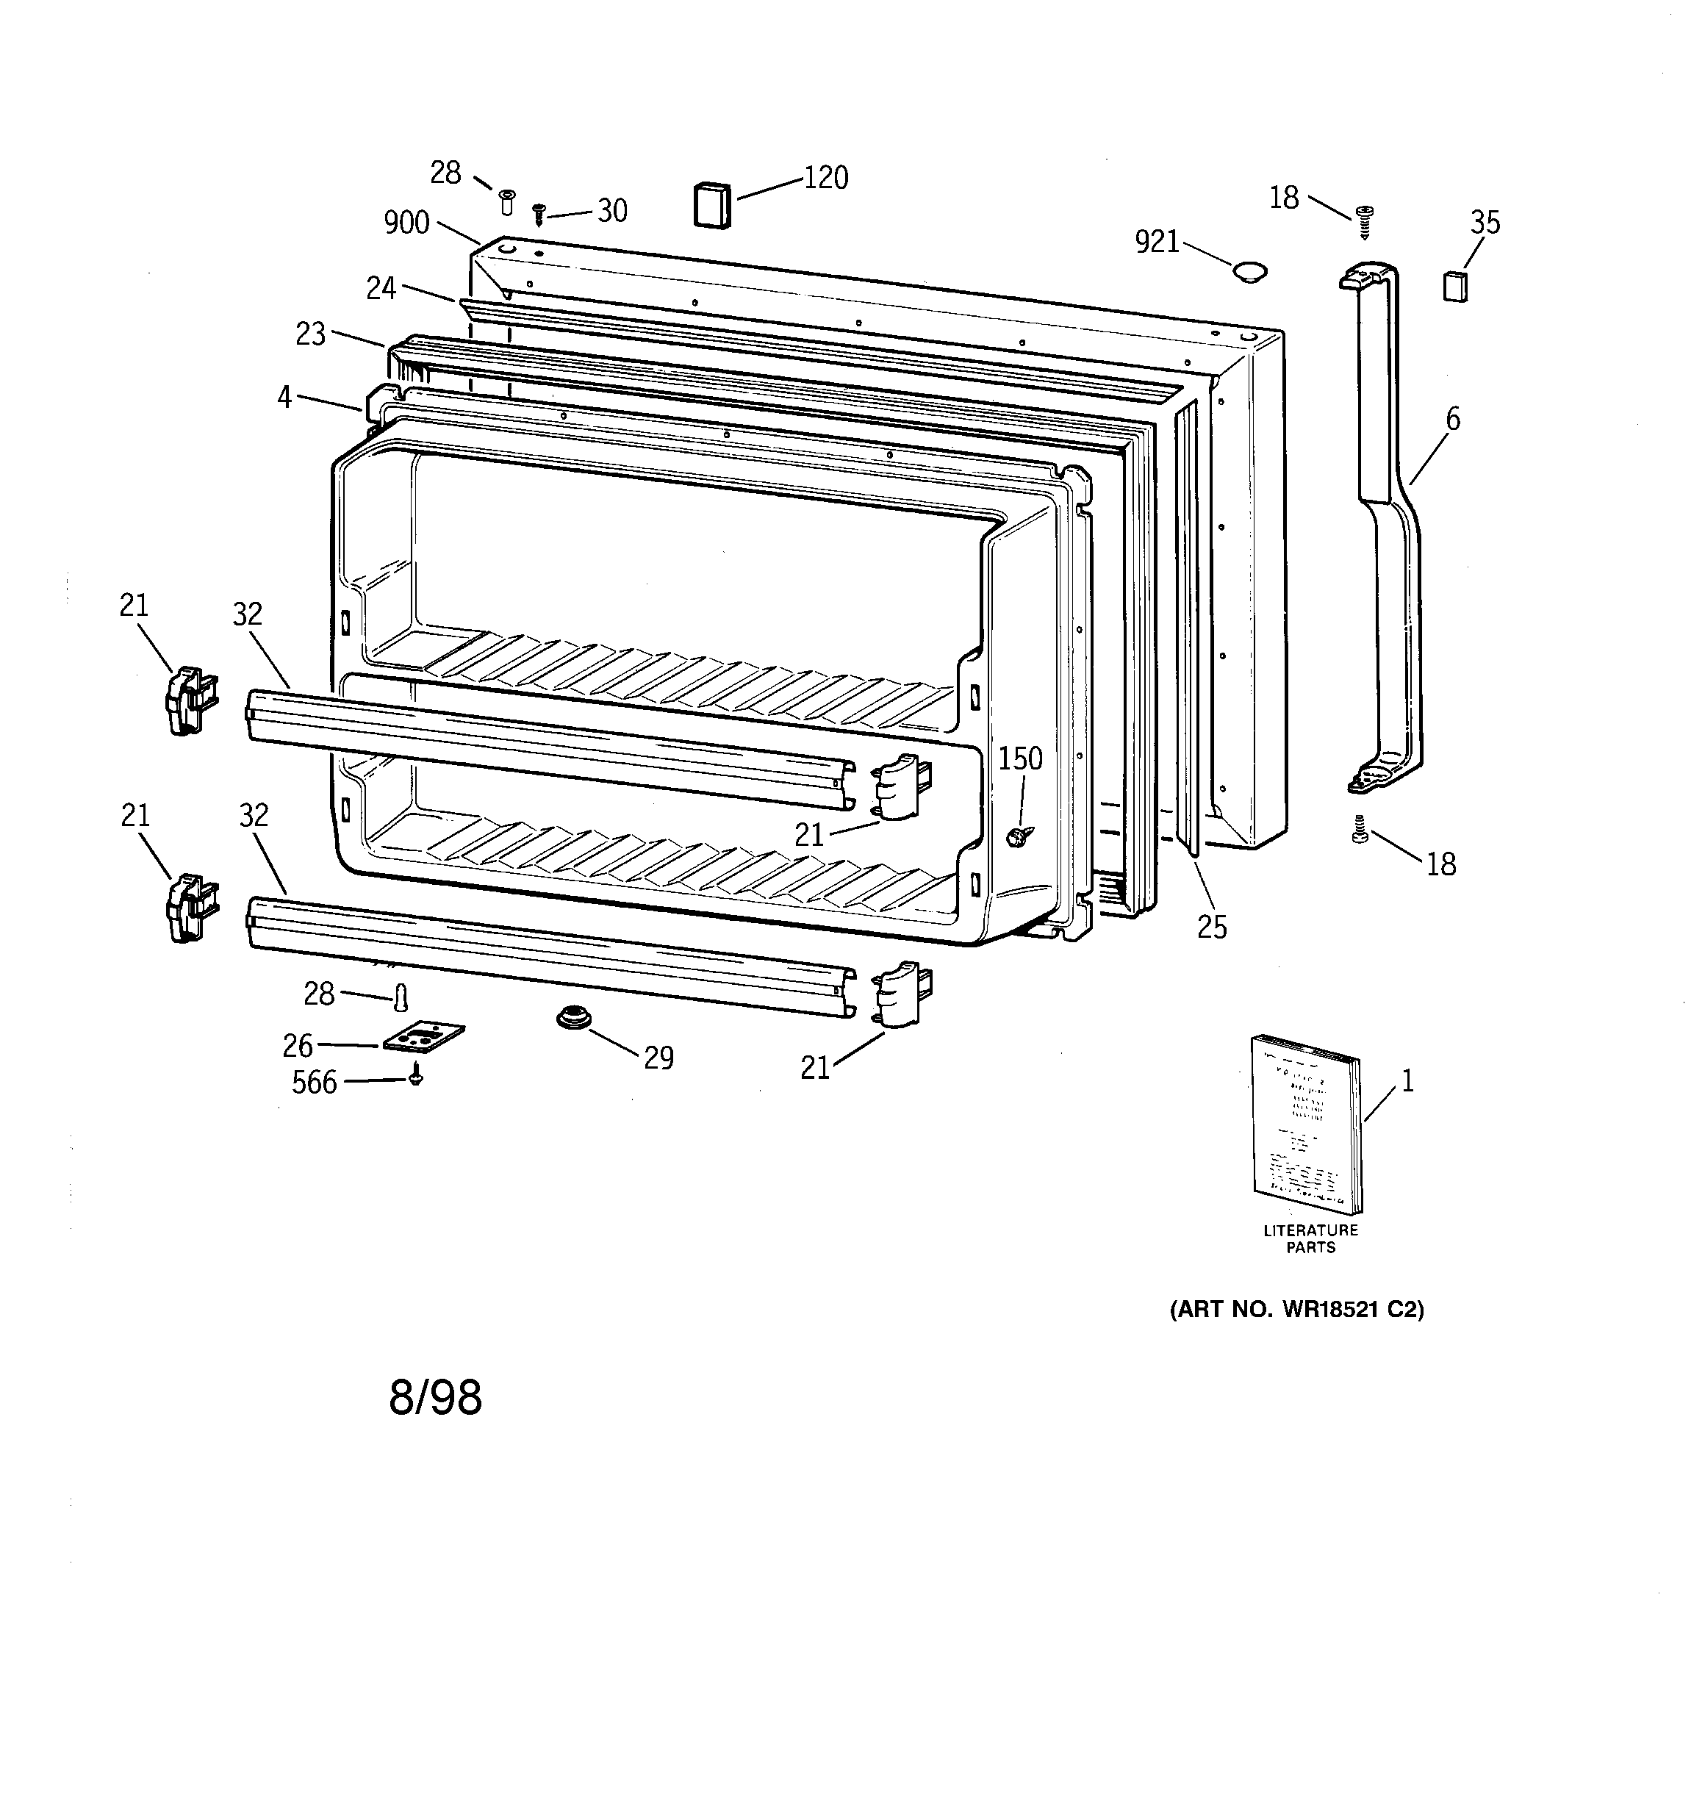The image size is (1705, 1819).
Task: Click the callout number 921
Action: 1157,242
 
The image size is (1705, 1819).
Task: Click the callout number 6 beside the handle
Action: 1452,419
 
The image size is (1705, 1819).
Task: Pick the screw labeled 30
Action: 539,214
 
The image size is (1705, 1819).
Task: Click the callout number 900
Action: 406,223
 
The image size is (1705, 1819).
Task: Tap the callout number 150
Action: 1019,758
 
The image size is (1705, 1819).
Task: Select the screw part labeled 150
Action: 1018,834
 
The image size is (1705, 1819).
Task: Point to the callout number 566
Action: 314,1083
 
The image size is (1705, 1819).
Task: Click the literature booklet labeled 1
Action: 1306,1124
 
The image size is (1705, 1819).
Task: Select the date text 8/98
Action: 435,1398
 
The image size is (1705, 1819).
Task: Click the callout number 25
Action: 1212,927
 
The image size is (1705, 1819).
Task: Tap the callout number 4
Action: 284,397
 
